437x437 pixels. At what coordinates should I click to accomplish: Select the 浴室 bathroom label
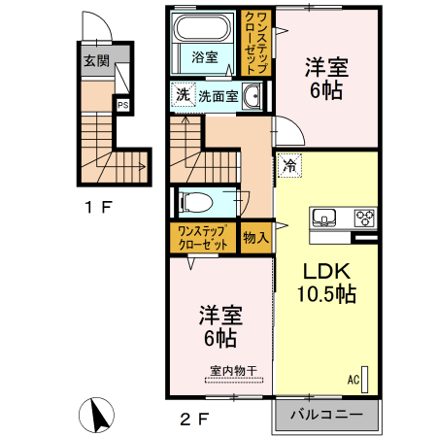(203, 55)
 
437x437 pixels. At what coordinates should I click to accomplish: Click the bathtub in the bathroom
(202, 29)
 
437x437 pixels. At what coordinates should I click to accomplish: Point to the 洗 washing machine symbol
(183, 95)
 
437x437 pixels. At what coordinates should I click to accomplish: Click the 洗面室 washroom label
(219, 96)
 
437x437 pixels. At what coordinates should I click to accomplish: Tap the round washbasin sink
(252, 95)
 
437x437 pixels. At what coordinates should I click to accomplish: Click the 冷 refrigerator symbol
(288, 166)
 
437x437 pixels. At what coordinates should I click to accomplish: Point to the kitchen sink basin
(323, 216)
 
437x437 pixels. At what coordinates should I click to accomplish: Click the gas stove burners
(365, 216)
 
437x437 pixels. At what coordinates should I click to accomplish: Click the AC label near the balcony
(353, 379)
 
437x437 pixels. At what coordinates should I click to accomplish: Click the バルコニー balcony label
(327, 415)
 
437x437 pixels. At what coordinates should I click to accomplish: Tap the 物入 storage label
(255, 237)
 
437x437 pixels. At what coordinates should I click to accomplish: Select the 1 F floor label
(100, 206)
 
